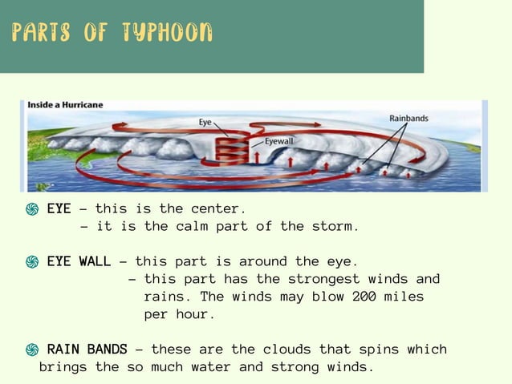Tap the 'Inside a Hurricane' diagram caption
tap(65, 105)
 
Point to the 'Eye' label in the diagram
tap(205, 123)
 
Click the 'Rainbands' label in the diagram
tap(408, 119)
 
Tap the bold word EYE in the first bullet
tap(59, 209)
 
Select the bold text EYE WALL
tap(79, 261)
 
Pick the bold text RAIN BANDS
tap(87, 350)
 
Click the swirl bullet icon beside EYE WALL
tap(32, 262)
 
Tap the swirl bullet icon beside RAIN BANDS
tap(32, 350)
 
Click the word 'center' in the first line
tap(214, 209)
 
